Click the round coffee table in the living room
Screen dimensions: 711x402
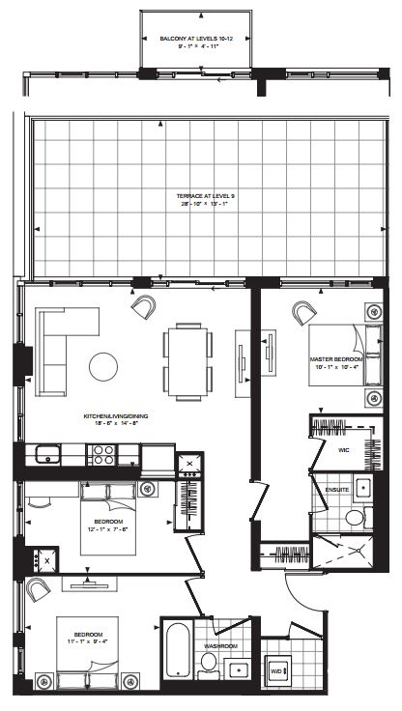point(103,365)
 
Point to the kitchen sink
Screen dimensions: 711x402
point(47,452)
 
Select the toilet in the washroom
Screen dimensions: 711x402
point(208,664)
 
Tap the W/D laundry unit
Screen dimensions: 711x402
point(276,669)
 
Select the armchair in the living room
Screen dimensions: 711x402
point(144,307)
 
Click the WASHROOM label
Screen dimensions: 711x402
point(220,645)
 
